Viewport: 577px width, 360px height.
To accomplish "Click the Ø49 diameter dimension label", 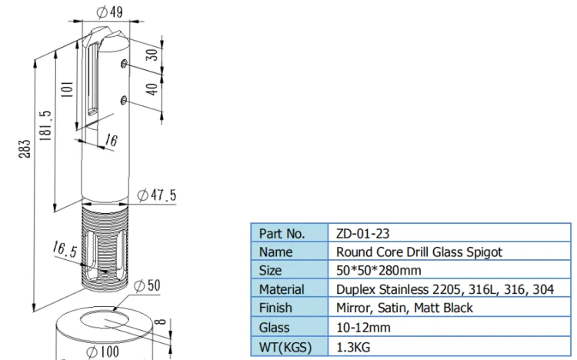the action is pyautogui.click(x=109, y=12).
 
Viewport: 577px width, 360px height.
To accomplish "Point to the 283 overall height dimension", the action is pyautogui.click(x=25, y=148).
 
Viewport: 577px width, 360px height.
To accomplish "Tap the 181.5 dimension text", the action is pyautogui.click(x=45, y=126).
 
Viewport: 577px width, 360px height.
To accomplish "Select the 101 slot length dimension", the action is pyautogui.click(x=67, y=89).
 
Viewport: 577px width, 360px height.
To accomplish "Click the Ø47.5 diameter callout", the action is pyautogui.click(x=157, y=195).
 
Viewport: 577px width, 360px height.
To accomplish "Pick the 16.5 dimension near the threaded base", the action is pyautogui.click(x=65, y=249).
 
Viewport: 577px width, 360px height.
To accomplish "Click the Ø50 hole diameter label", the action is pyautogui.click(x=147, y=285).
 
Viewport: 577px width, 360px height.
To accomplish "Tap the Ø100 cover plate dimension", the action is pyautogui.click(x=102, y=352).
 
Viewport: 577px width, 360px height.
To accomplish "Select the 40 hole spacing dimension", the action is pyautogui.click(x=152, y=89).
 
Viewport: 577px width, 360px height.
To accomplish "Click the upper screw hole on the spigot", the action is pyautogui.click(x=125, y=64).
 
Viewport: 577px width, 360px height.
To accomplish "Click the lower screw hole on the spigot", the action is pyautogui.click(x=124, y=100).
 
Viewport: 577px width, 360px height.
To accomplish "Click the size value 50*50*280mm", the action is pyautogui.click(x=379, y=270).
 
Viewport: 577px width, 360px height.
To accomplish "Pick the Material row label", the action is pyautogui.click(x=282, y=289).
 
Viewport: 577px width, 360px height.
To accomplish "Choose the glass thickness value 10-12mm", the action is pyautogui.click(x=363, y=327).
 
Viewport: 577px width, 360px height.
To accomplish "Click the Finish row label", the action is pyautogui.click(x=275, y=308).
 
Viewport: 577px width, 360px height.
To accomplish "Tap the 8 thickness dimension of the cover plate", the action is pyautogui.click(x=161, y=322).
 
